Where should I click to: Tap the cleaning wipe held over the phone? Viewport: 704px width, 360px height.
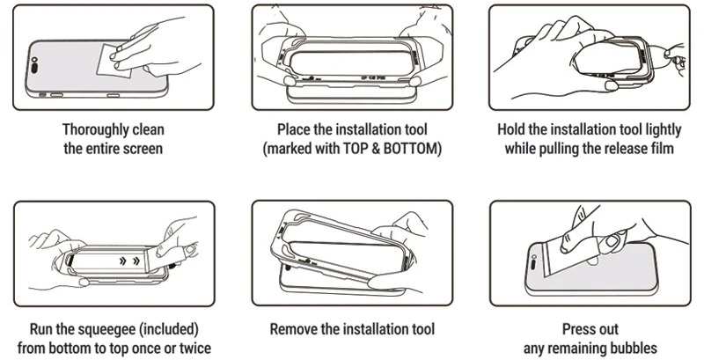click(114, 61)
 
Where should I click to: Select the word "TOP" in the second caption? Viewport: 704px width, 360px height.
click(356, 149)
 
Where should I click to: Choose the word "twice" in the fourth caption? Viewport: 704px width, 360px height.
click(194, 349)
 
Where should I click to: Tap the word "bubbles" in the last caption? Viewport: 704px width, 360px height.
click(634, 349)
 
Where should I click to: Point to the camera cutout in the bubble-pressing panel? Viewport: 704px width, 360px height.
click(533, 262)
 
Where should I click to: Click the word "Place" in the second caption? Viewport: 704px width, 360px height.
click(294, 129)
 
